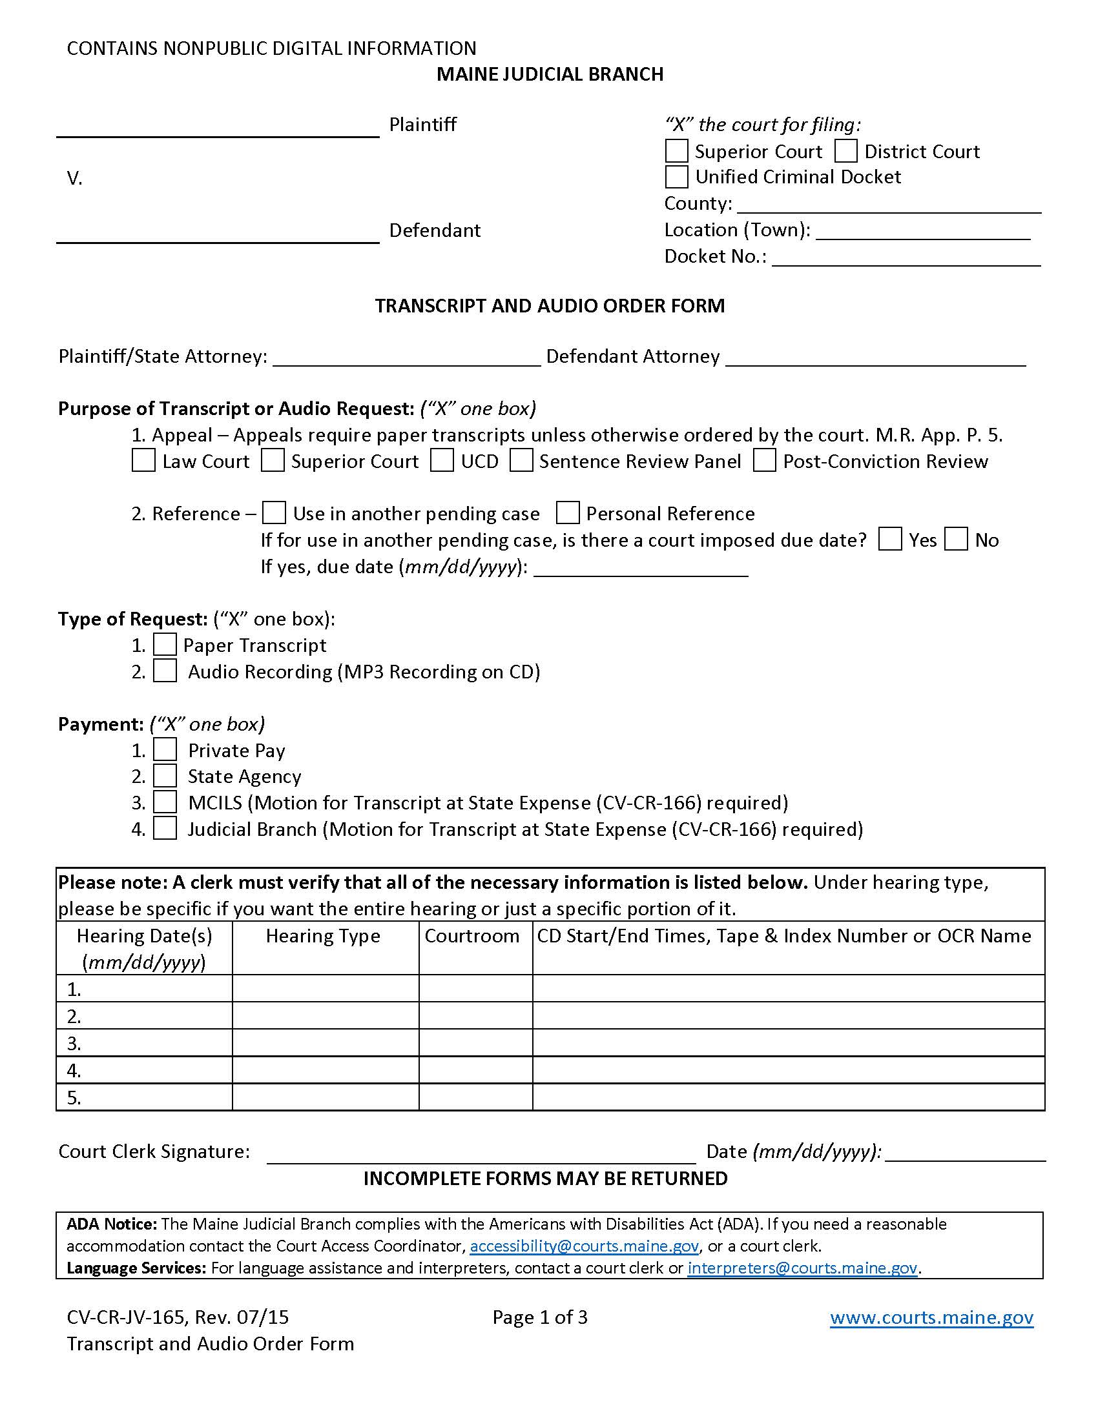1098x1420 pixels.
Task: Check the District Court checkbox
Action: click(x=845, y=151)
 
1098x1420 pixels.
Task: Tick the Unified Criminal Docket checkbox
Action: click(x=676, y=177)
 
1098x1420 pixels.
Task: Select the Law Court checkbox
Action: click(x=143, y=461)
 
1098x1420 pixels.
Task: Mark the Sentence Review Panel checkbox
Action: click(x=521, y=461)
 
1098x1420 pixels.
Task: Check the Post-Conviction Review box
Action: click(x=764, y=461)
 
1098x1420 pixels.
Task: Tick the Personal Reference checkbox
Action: click(x=568, y=513)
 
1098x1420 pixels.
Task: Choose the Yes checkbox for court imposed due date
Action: click(x=890, y=540)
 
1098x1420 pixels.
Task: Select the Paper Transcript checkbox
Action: click(x=165, y=645)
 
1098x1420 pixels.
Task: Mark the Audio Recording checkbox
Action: click(x=165, y=671)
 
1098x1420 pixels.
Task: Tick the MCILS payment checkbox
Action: click(x=165, y=802)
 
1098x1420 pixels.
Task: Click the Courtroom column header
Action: click(x=471, y=936)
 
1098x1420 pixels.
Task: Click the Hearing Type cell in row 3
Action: click(x=326, y=1043)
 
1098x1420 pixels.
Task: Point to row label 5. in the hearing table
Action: click(x=74, y=1097)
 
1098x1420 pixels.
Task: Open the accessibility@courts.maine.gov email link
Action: click(x=584, y=1246)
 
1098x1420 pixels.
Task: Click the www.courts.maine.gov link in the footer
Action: click(x=931, y=1317)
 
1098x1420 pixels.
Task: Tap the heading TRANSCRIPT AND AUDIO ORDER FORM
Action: click(x=550, y=305)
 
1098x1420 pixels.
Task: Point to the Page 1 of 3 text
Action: click(x=540, y=1317)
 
